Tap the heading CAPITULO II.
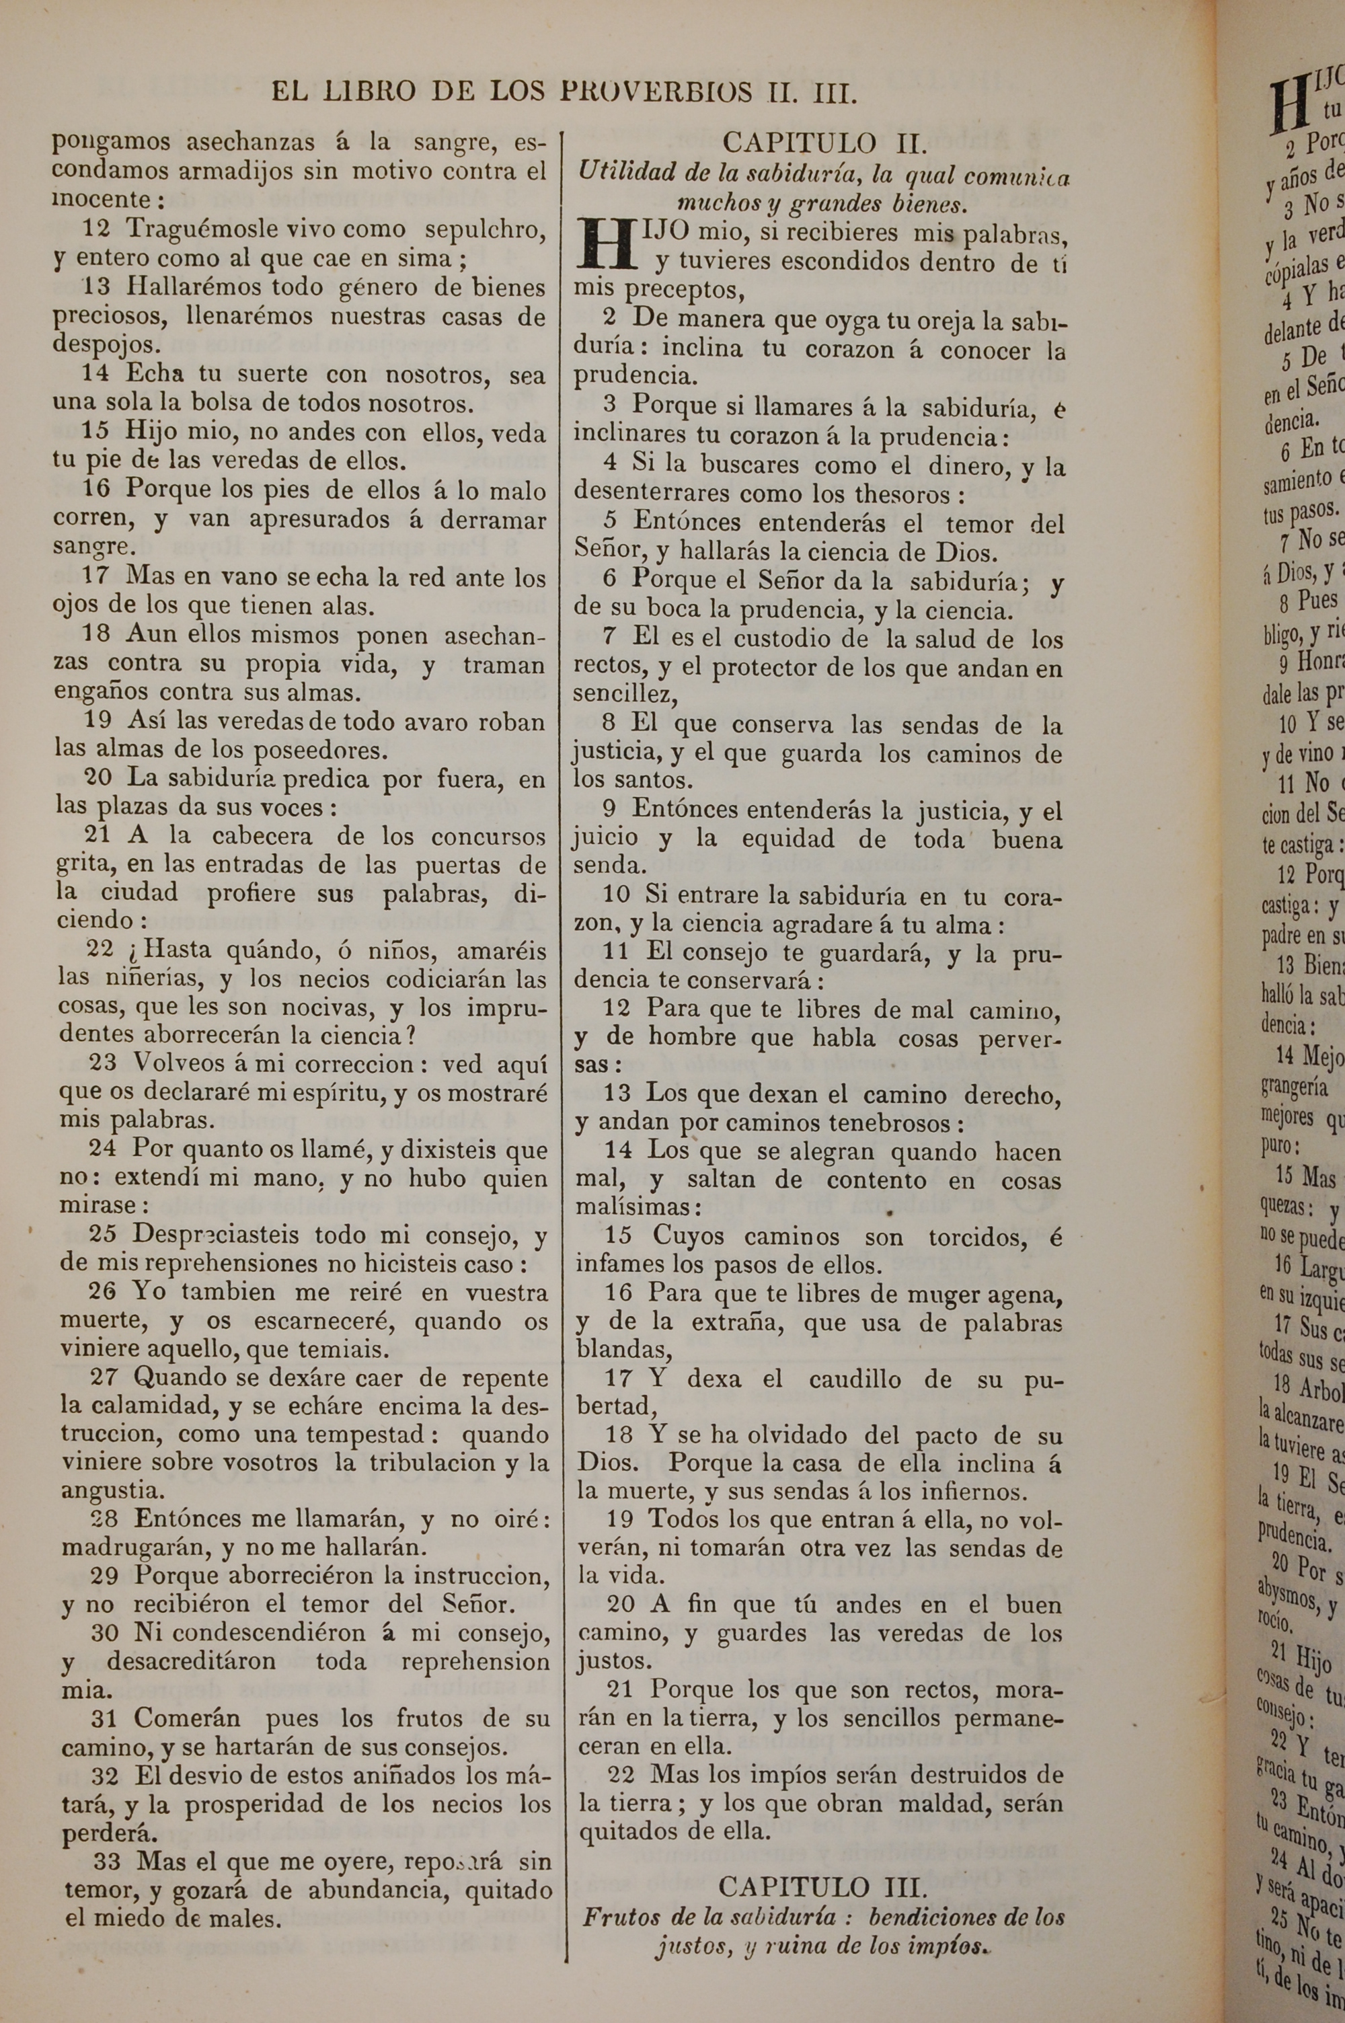point(822,143)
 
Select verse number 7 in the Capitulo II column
point(609,638)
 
